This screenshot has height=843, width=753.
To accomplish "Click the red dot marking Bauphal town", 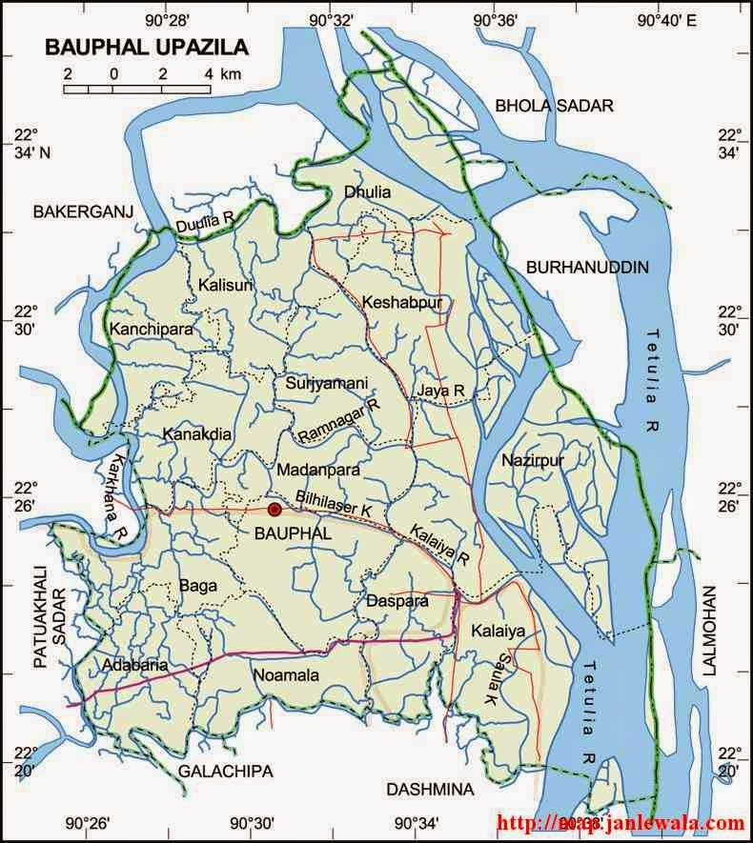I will point(275,510).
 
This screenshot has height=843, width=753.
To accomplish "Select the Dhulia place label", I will point(367,192).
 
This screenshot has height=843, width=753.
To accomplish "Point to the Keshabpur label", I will point(396,303).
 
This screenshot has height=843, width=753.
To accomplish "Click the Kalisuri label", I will point(225,286).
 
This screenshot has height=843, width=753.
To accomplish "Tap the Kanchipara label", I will point(152,330).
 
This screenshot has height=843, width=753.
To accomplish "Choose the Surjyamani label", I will point(326,383).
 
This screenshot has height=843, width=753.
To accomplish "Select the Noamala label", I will point(283,674).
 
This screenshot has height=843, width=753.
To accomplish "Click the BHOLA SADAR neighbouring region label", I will point(553,106).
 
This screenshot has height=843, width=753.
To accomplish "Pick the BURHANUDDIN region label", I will point(587,268).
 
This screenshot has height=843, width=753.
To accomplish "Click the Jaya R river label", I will point(438,391).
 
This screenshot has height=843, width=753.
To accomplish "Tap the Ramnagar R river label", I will point(338,421).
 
